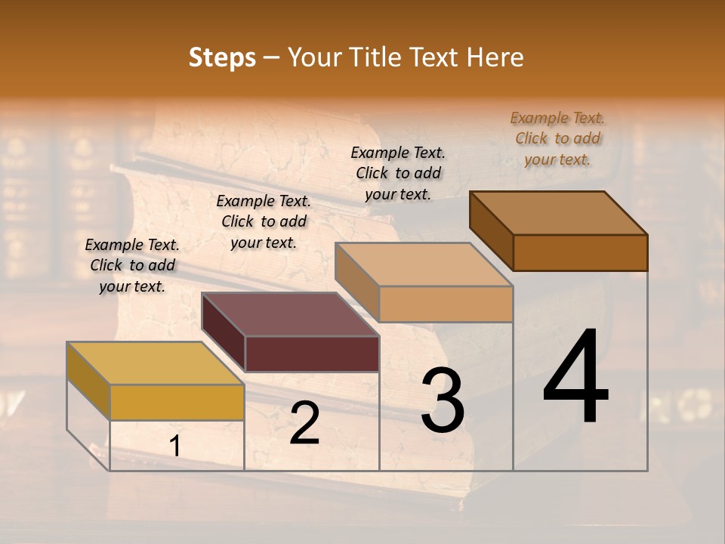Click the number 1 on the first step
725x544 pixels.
[x=175, y=447]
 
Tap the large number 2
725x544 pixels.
[x=304, y=423]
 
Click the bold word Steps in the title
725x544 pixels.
[x=222, y=57]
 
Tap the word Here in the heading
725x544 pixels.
[x=497, y=57]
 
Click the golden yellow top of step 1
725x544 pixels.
[x=156, y=363]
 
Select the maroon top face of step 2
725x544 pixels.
[x=290, y=314]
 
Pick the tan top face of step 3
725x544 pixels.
[x=424, y=264]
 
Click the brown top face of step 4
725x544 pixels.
[x=559, y=213]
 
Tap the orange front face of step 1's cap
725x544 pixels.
[x=177, y=402]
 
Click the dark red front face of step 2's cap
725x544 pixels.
[x=312, y=354]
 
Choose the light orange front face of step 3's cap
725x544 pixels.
[x=446, y=304]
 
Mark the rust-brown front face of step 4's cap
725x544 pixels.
[x=580, y=252]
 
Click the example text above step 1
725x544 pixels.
[x=132, y=265]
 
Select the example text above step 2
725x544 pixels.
[x=264, y=221]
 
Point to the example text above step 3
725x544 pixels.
[x=398, y=173]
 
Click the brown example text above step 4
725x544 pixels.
[x=557, y=138]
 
